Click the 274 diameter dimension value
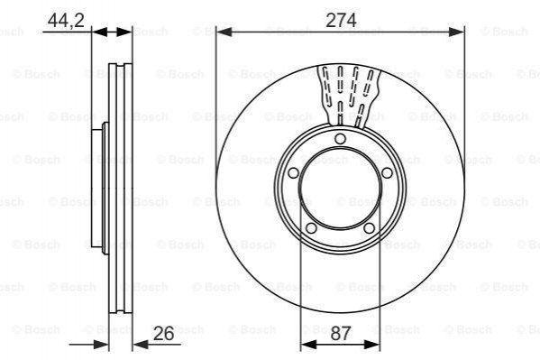pos(341,21)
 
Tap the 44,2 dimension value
pos(66,21)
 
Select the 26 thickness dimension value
pos(163,333)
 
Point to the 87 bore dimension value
pos(341,333)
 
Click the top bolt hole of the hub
pos(340,139)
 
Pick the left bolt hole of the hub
pos(293,172)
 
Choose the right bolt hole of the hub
pos(387,172)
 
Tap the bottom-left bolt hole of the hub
pos(311,228)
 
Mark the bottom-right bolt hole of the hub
pos(370,228)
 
